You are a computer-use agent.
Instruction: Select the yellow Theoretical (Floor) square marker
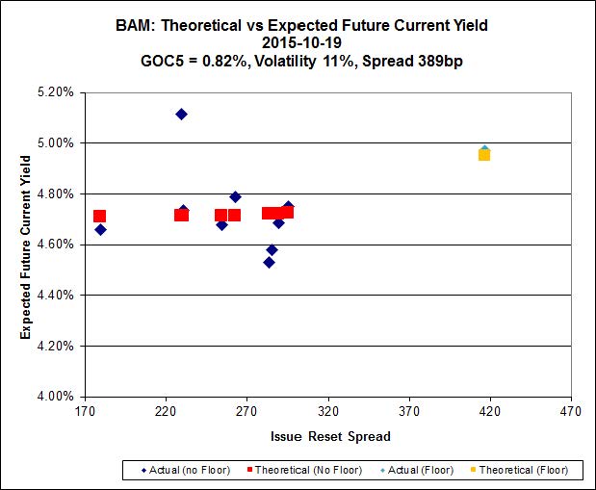(x=484, y=154)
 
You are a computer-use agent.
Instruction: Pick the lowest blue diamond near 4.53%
(x=269, y=262)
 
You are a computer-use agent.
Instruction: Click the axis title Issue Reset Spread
(x=330, y=436)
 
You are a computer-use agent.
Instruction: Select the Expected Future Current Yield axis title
(x=26, y=244)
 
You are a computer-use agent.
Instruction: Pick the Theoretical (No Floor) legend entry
(x=305, y=470)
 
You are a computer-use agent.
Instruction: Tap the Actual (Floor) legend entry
(x=421, y=470)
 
